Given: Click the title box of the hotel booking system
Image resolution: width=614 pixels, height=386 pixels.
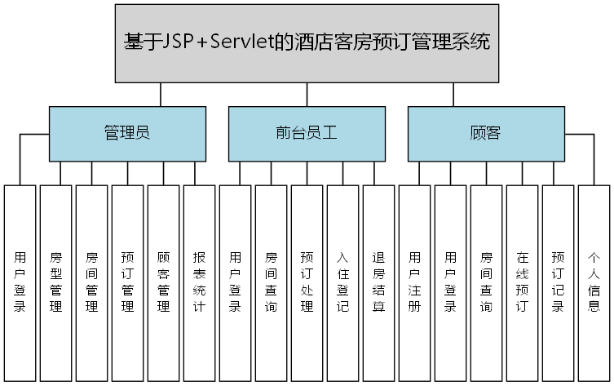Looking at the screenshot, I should (307, 43).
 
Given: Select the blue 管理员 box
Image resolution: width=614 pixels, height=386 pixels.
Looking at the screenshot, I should (127, 134).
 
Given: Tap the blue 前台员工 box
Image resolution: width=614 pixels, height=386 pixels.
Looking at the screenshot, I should (307, 134).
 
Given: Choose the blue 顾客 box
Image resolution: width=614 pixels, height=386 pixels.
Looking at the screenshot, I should (486, 134).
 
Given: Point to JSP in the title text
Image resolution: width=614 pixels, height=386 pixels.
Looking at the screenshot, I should (177, 42).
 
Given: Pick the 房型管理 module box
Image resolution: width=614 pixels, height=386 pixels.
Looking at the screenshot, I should (56, 282).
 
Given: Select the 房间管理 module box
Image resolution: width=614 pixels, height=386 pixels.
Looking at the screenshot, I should (92, 282).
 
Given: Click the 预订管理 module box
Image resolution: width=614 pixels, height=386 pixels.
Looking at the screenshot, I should (128, 282).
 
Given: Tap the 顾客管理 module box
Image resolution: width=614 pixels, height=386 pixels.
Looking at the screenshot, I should (164, 282).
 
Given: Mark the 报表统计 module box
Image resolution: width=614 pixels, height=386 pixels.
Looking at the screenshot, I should (200, 282).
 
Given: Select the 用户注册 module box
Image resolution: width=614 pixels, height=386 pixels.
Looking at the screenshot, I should (415, 282).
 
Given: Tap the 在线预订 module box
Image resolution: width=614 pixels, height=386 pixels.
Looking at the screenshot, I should (523, 282).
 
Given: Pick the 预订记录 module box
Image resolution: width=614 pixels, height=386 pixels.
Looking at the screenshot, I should (559, 282).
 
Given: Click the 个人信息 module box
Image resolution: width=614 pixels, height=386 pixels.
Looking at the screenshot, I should (594, 282).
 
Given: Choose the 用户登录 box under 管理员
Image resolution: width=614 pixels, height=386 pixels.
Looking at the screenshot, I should (20, 282).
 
